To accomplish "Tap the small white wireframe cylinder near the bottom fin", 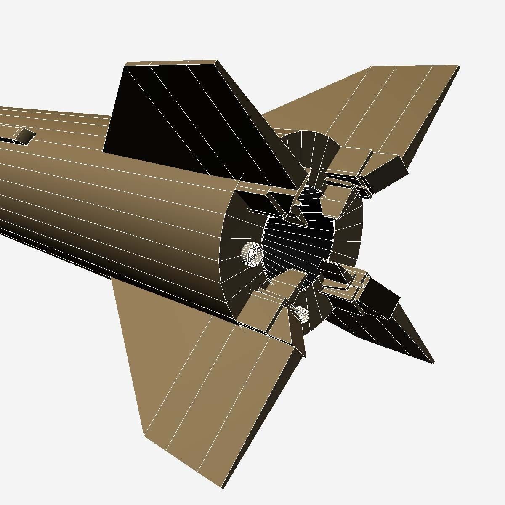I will [302, 314].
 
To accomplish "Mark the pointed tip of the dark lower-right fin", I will [433, 362].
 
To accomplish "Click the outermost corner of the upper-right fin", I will [458, 66].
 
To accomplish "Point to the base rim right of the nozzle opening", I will [349, 236].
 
